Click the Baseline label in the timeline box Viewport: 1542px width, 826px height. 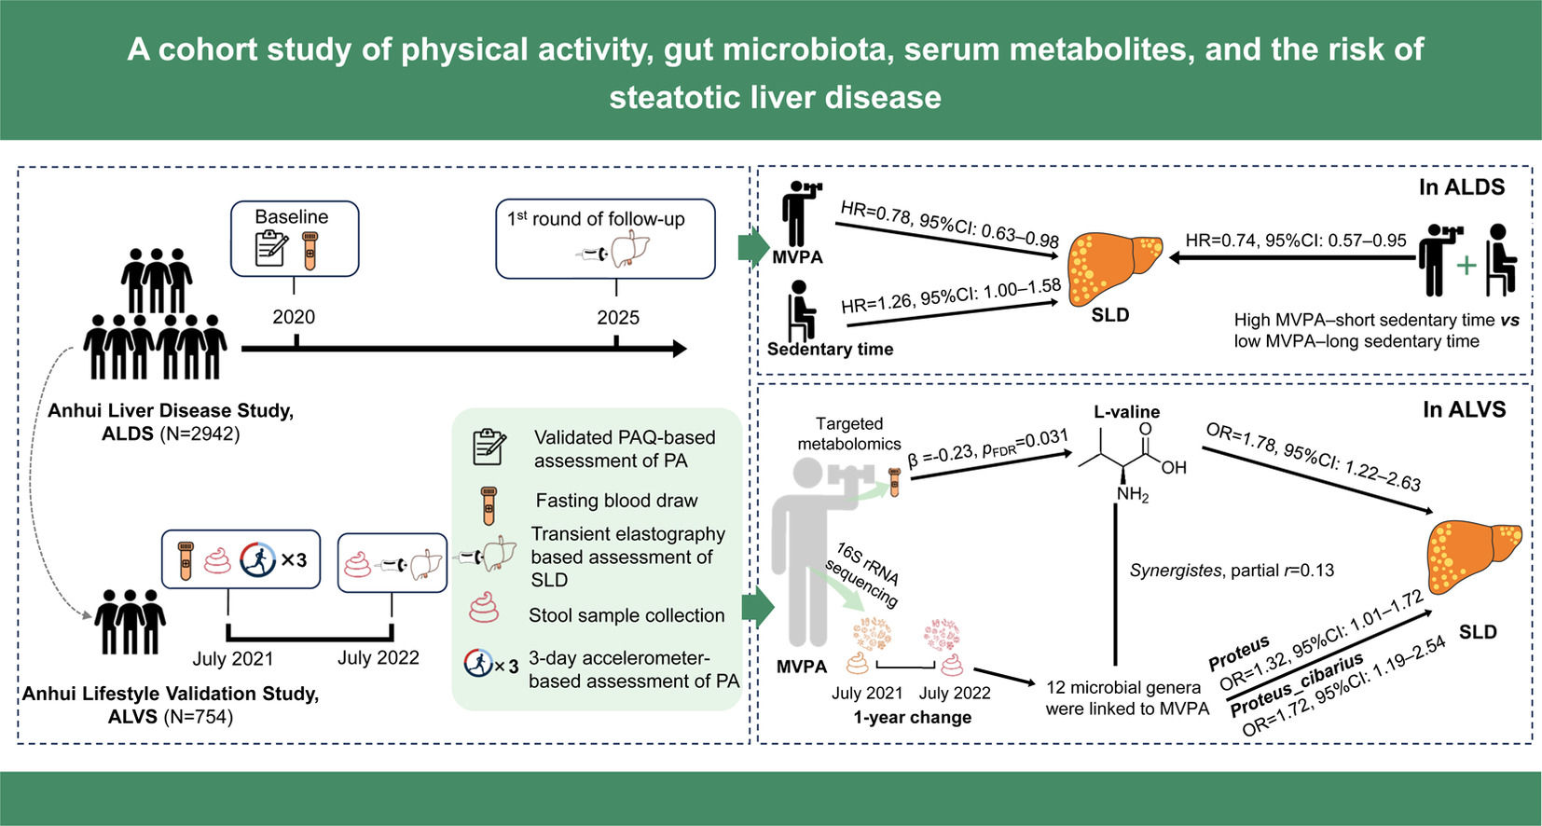(x=291, y=217)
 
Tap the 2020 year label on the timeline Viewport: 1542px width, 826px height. (x=294, y=317)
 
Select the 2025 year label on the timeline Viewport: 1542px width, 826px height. (x=617, y=317)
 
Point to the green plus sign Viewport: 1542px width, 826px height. (x=1467, y=266)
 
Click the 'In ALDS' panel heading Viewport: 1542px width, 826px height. (x=1462, y=187)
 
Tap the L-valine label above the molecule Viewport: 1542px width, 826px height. (x=1127, y=412)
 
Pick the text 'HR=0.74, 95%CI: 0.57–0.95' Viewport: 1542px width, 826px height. (x=1296, y=241)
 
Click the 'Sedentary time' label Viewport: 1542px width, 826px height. (x=831, y=349)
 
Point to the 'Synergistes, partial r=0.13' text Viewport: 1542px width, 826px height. (x=1232, y=570)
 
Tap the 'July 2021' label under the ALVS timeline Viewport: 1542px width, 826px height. (x=233, y=659)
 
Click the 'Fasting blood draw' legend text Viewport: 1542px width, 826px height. (x=617, y=501)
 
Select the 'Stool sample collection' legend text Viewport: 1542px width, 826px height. (x=626, y=615)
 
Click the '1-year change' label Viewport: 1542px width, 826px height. (x=912, y=717)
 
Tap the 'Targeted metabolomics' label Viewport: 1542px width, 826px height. (x=848, y=434)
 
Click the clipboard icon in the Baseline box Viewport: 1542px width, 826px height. (x=271, y=249)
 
